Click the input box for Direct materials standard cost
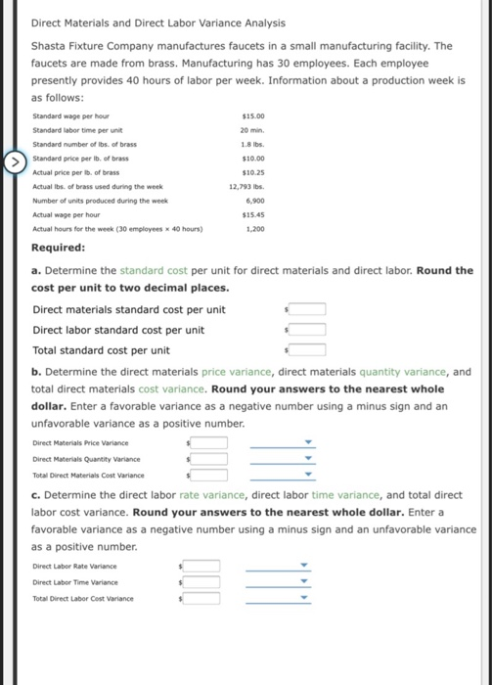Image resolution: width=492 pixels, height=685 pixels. [307, 310]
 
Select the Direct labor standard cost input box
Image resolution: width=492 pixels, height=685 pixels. [307, 330]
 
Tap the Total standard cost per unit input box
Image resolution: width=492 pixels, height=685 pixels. [307, 349]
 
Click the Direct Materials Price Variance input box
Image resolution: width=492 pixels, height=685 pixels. [209, 443]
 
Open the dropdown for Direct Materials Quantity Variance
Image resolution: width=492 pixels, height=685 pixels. [283, 459]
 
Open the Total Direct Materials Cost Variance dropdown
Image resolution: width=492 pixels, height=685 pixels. [283, 475]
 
